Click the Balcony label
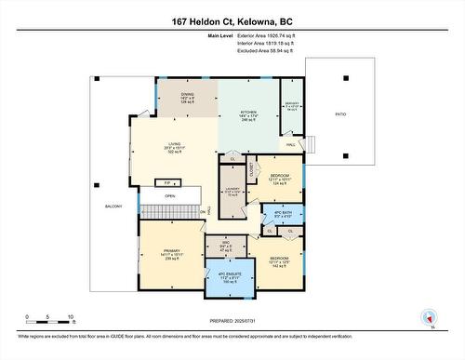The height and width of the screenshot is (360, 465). [x=113, y=207]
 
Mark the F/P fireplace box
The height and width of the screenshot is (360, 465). [x=168, y=183]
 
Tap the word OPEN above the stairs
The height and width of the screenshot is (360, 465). [x=170, y=196]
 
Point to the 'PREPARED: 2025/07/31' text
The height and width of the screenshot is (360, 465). [x=232, y=320]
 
